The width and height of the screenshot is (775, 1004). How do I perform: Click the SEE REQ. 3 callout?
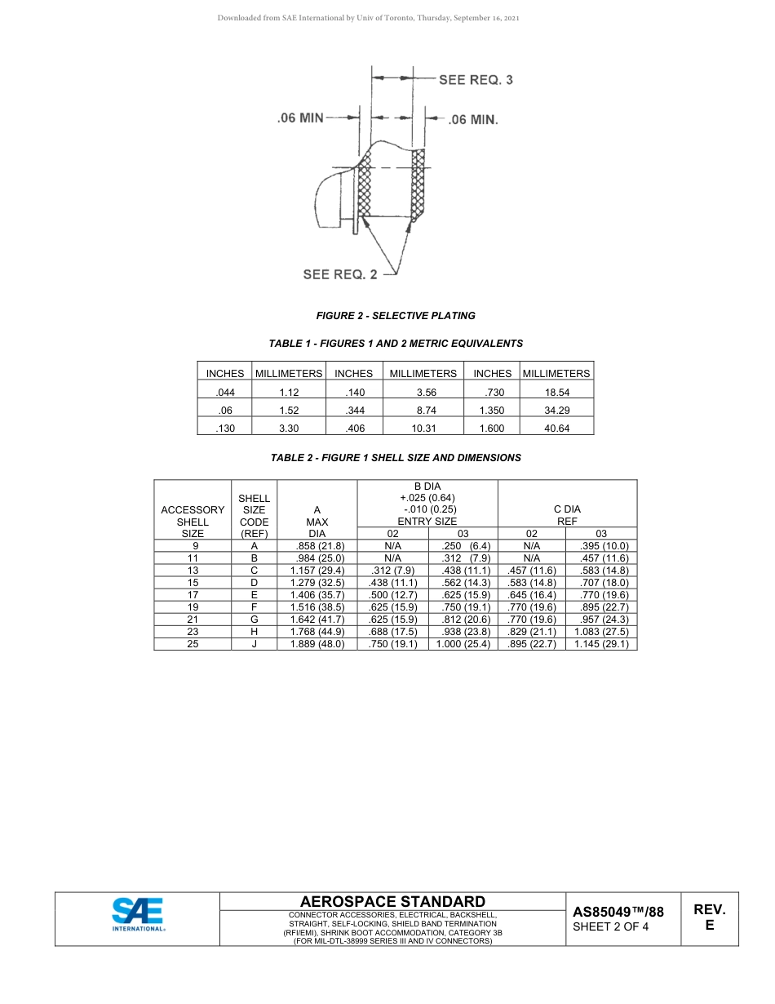(476, 80)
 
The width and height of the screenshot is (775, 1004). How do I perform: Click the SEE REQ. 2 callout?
(340, 274)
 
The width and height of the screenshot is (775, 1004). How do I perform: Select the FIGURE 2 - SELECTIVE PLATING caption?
(396, 316)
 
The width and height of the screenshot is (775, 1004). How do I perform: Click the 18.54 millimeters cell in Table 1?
(556, 392)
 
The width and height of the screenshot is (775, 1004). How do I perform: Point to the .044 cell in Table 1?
(224, 392)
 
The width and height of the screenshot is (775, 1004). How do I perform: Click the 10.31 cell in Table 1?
(423, 428)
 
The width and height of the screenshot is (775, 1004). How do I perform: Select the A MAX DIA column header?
(317, 522)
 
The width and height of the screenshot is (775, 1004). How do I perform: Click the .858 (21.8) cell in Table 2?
(317, 546)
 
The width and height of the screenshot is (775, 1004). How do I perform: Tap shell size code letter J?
(255, 644)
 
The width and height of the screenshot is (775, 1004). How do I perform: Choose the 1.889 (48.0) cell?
(317, 644)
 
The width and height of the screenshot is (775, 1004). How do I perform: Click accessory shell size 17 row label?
(193, 595)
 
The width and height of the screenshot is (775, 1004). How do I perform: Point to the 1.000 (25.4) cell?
(463, 644)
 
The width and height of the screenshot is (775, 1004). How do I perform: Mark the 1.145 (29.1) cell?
(601, 644)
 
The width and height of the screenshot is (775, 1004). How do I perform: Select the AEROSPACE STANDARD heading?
(393, 902)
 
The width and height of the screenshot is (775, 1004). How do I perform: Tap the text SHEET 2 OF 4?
(611, 926)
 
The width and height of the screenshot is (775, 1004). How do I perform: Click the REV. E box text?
(709, 917)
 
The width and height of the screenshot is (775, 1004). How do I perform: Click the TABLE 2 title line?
(396, 458)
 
